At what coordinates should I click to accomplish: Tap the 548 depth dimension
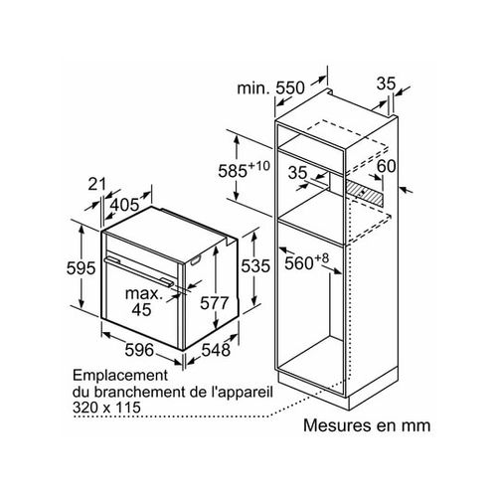215,350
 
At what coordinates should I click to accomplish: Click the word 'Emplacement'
118,376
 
